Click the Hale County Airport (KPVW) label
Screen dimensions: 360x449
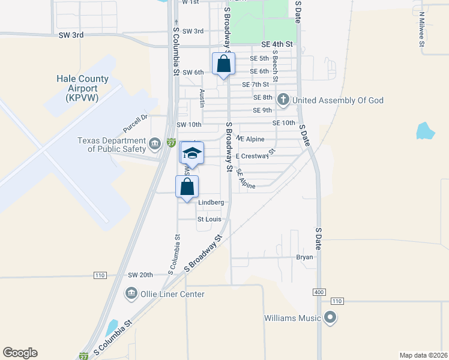tap(82, 88)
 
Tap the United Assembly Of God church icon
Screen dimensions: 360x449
tap(284, 100)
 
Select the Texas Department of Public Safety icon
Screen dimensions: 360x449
tap(155, 142)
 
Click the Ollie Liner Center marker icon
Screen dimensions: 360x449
tap(130, 293)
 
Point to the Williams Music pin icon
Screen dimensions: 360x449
tap(330, 317)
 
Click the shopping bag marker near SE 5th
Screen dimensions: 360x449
tap(223, 65)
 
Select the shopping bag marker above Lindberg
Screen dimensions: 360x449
tap(187, 187)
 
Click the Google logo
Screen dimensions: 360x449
tap(20, 353)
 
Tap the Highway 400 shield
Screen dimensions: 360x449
tap(319, 292)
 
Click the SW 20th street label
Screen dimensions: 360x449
tap(140, 275)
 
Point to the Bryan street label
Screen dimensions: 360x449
tap(304, 257)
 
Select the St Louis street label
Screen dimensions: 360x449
tap(209, 220)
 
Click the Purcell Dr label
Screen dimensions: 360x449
tap(135, 124)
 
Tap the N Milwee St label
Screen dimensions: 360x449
tap(422, 29)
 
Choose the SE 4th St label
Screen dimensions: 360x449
tap(277, 44)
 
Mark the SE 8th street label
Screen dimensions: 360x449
tap(263, 97)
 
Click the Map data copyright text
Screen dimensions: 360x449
tap(423, 355)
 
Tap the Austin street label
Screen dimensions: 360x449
tap(202, 98)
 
